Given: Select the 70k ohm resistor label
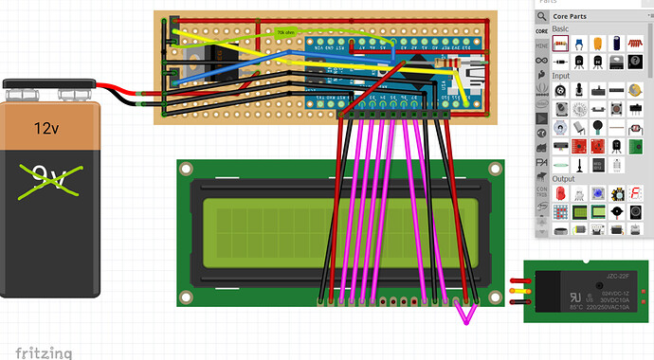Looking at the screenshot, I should [x=285, y=32].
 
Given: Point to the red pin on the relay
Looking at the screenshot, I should [x=518, y=280].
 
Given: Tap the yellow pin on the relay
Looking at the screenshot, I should [x=518, y=292].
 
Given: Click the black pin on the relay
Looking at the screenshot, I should [x=518, y=303].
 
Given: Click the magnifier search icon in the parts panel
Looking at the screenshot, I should [x=541, y=16].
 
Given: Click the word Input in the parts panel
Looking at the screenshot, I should [x=562, y=76].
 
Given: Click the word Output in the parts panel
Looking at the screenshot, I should [x=565, y=178].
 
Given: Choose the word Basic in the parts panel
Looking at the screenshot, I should [x=562, y=30].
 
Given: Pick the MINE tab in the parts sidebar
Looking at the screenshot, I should [x=541, y=45].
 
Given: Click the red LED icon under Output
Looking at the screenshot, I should [x=561, y=193].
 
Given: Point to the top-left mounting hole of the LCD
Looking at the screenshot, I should [x=186, y=169].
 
